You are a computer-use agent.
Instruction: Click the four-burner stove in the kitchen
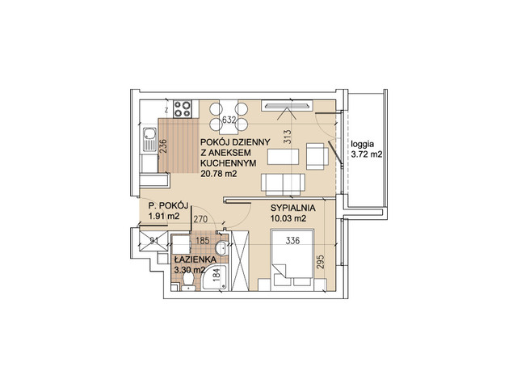[183, 109]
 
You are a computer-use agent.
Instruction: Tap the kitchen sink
[149, 140]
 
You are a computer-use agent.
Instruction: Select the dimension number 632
[229, 120]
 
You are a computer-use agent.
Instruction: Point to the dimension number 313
[288, 137]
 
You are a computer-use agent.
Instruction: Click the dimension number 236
[163, 145]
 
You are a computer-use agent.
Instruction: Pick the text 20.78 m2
[219, 174]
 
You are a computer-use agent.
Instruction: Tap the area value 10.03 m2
[288, 218]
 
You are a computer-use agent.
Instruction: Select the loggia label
[363, 145]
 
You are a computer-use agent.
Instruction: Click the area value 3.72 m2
[367, 154]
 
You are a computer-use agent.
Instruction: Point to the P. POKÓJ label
[168, 206]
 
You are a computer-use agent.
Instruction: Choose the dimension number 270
[200, 219]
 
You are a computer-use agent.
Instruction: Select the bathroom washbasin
[221, 248]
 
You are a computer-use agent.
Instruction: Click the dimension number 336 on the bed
[292, 241]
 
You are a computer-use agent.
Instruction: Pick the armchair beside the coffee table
[317, 156]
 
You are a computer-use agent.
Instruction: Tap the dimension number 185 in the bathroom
[203, 241]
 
